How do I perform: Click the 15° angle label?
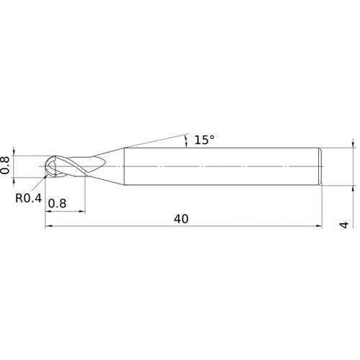[204, 140]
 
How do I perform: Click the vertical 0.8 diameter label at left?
[6, 166]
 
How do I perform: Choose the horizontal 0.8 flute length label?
[58, 204]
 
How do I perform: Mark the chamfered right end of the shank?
[320, 166]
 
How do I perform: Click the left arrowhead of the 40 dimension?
[49, 226]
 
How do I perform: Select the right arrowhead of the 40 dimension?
[318, 226]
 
